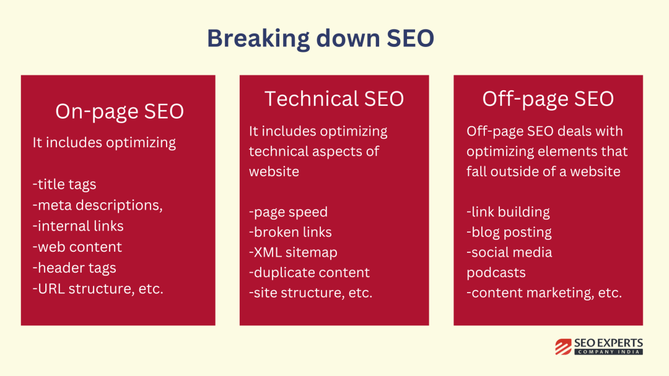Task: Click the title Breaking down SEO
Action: point(320,38)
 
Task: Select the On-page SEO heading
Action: point(120,112)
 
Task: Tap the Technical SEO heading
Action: point(334,99)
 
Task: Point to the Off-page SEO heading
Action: point(548,100)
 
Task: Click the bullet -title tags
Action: point(64,185)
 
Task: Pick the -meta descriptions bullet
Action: point(98,205)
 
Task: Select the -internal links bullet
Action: point(78,226)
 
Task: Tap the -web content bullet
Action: point(77,247)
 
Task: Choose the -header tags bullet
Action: point(74,268)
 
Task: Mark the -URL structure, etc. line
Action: point(98,289)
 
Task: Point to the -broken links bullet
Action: point(290,232)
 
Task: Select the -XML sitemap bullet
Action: point(293,252)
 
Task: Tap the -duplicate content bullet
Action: point(309,273)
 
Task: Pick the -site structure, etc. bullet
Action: point(310,293)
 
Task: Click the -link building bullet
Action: point(508,212)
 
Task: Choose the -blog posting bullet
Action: point(509,233)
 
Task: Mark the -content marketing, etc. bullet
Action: point(544,293)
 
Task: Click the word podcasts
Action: point(496,273)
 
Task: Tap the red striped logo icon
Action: point(563,346)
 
